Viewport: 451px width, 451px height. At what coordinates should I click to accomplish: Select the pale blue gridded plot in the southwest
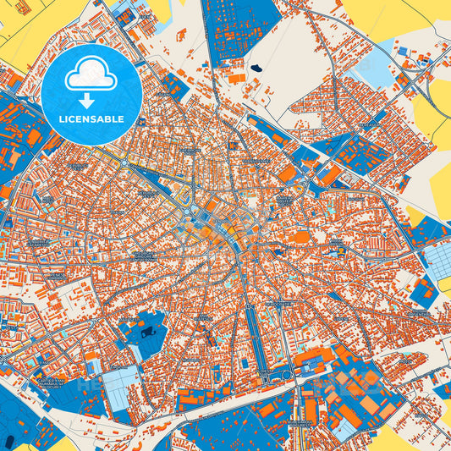119,384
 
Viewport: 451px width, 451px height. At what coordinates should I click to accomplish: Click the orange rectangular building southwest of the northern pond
237,78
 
